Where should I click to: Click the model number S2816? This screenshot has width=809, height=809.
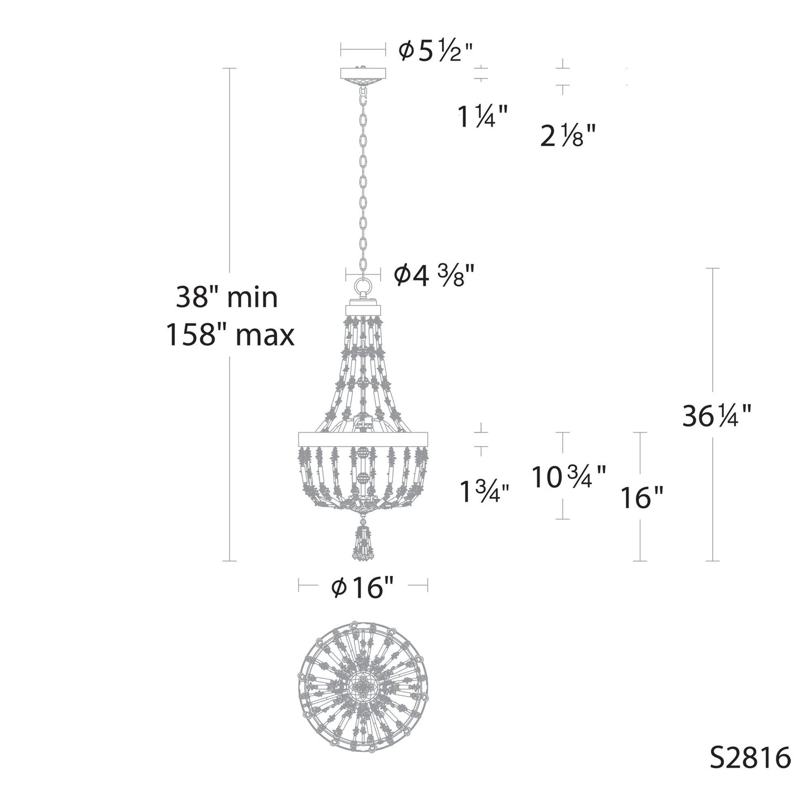[750, 759]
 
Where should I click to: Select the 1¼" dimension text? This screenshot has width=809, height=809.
[483, 117]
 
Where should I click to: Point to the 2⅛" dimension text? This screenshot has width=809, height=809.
[567, 136]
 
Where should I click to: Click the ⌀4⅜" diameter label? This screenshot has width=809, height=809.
[434, 275]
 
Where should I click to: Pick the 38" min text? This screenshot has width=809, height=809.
[227, 297]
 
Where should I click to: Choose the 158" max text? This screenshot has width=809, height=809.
[230, 335]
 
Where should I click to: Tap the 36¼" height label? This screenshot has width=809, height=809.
[716, 416]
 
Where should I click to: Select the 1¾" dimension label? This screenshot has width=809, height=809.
[484, 493]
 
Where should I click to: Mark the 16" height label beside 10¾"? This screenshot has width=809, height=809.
[642, 497]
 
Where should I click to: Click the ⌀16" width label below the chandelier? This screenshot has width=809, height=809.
[363, 587]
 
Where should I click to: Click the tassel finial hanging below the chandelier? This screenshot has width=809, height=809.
[363, 542]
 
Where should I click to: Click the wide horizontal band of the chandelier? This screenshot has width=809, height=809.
[363, 438]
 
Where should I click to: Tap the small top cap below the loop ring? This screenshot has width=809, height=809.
[363, 308]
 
